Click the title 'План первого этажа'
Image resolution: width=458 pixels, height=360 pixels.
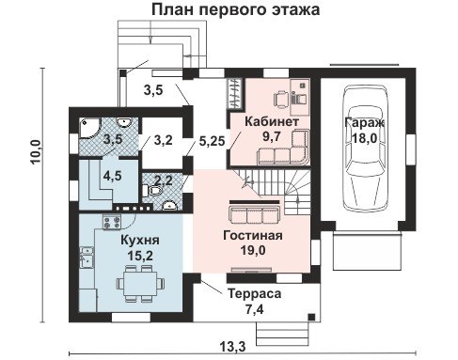click(236, 9)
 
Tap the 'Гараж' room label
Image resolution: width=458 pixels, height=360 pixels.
click(365, 123)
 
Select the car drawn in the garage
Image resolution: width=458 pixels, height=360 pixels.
click(364, 149)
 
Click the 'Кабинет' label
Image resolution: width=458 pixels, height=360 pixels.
click(272, 121)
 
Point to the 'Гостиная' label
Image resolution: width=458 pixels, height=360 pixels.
click(253, 235)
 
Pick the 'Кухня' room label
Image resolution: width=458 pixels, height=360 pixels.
click(140, 241)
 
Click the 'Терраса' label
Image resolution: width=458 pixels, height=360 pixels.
click(255, 294)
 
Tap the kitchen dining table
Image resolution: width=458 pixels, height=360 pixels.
click(140, 283)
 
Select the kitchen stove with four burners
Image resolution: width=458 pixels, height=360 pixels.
click(112, 222)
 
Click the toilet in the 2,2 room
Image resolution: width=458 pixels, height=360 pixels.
click(153, 191)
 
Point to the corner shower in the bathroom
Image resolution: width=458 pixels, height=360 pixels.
click(89, 128)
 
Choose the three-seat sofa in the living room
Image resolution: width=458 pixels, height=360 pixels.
click(255, 214)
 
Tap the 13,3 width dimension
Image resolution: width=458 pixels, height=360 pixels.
click(232, 347)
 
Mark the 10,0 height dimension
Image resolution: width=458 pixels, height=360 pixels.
click(36, 151)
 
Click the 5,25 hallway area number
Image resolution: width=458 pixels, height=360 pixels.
click(213, 142)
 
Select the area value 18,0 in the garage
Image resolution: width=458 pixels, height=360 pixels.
click(365, 138)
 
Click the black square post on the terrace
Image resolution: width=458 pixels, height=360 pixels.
click(311, 317)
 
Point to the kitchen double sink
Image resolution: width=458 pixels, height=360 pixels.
click(87, 258)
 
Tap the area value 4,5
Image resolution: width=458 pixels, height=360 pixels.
click(113, 176)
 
